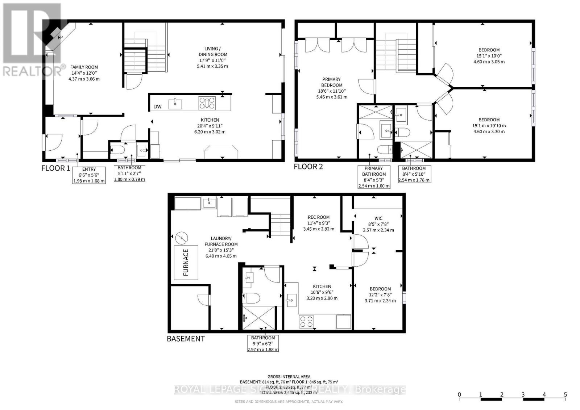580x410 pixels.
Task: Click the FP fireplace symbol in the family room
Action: [x=60, y=37]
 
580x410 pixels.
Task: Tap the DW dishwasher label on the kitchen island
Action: [x=157, y=106]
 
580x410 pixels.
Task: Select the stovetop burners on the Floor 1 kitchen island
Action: [x=207, y=103]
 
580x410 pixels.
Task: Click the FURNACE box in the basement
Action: [x=186, y=262]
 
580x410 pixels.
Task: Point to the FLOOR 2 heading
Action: [x=308, y=167]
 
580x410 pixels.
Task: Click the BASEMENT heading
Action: [x=186, y=339]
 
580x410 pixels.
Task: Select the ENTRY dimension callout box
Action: [x=89, y=175]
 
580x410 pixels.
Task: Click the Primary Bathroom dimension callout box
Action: [x=374, y=177]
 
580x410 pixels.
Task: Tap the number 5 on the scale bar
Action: [x=565, y=394]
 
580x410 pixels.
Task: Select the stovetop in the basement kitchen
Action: [x=306, y=321]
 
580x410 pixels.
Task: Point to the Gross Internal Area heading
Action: [x=289, y=377]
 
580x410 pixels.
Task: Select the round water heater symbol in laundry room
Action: [x=181, y=238]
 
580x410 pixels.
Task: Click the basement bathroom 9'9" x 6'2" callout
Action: [x=263, y=343]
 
